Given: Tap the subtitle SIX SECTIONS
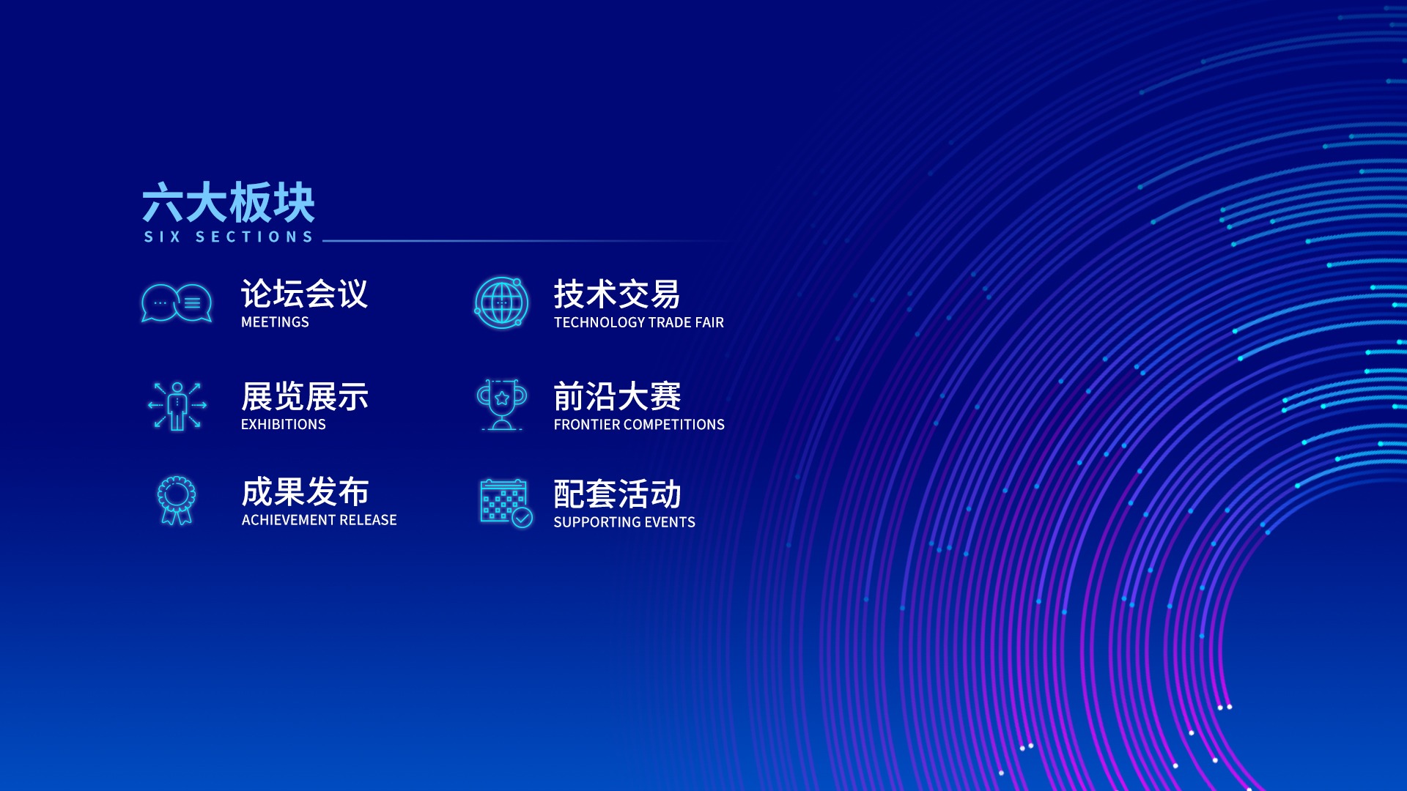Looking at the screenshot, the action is coord(229,237).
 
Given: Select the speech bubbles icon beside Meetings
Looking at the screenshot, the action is coord(177,302).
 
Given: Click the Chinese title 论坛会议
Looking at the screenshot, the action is coord(304,294).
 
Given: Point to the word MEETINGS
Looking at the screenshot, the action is coord(275,322).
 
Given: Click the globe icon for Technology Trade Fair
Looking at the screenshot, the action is coord(502,302).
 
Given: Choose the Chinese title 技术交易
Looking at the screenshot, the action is coord(617,294).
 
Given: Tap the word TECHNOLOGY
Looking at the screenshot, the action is coord(597,322).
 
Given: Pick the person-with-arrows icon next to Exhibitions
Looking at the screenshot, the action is coord(177,406).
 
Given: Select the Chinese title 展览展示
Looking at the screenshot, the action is coord(304,396).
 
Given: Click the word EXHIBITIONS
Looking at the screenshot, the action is coord(284,425).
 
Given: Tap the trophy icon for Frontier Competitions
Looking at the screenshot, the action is coord(502,404).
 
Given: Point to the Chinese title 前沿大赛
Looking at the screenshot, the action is coord(617,397).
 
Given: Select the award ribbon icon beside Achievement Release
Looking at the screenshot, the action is coord(177,500).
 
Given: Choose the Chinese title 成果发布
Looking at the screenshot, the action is coord(305,491).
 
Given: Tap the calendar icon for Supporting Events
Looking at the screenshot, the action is coord(506,503).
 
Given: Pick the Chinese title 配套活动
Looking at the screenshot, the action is coord(617,494).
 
